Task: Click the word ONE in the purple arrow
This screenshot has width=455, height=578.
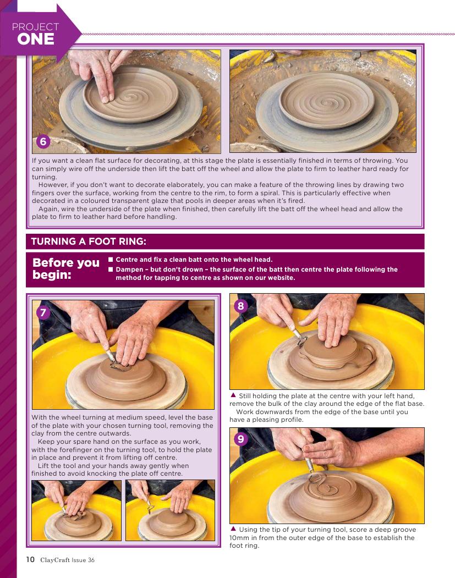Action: coord(35,39)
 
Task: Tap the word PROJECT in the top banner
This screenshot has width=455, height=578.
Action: coord(35,26)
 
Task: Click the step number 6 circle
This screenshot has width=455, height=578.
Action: coord(43,141)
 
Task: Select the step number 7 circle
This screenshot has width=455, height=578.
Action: coord(43,312)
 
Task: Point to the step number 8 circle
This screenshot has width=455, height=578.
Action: coord(241,306)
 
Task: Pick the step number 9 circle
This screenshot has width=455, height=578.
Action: coord(241,439)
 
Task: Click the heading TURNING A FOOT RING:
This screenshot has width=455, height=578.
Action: coord(89,241)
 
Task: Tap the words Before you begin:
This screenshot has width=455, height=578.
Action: coord(66,268)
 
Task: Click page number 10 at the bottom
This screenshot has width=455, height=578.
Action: coord(30,559)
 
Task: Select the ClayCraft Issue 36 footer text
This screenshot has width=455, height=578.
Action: coord(68,560)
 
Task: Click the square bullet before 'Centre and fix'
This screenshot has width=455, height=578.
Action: coord(111,260)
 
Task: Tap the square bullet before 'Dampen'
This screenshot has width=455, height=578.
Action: coord(111,269)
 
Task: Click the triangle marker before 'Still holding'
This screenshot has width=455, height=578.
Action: coord(233,395)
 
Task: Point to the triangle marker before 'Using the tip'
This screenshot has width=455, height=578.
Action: coord(233,529)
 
